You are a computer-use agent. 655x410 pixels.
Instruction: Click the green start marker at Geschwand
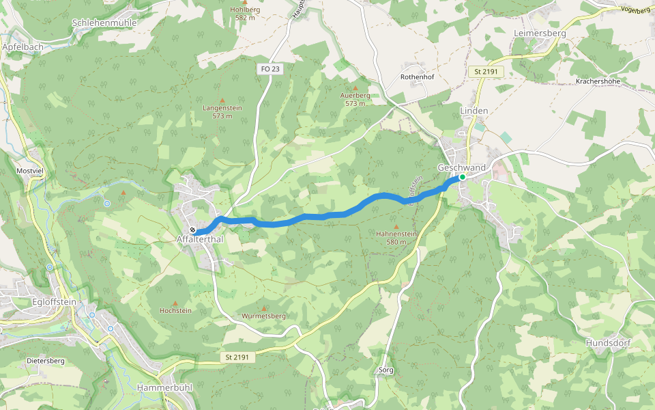point(462,177)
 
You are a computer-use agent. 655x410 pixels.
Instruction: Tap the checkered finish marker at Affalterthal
point(193,230)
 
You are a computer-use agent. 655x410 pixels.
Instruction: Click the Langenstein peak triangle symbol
point(222,100)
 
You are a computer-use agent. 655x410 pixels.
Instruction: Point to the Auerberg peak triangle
point(355,87)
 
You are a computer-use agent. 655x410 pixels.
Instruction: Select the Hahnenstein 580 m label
point(396,237)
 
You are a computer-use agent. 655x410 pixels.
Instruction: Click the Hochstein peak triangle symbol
point(175,303)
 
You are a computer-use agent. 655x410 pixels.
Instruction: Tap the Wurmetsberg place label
point(263,316)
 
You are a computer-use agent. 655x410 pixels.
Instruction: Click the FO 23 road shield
point(270,68)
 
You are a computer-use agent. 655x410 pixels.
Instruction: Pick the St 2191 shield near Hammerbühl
point(238,357)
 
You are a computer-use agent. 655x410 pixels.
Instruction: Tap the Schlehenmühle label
point(104,23)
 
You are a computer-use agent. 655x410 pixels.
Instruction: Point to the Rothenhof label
point(418,77)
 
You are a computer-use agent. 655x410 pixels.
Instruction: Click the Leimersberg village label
point(540,32)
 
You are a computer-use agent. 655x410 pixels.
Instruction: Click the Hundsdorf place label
point(608,342)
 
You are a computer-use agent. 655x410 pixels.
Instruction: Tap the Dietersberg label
point(45,360)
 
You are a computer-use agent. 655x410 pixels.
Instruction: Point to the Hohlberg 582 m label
point(245,13)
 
